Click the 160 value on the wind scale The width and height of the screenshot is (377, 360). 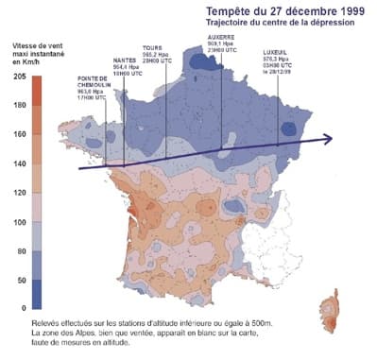tap(18, 134)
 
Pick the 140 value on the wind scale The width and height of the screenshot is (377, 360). tap(18, 163)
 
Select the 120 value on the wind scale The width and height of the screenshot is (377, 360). tap(18, 193)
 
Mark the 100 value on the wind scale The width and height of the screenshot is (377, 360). tap(18, 222)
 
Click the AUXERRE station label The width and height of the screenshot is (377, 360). tap(223, 37)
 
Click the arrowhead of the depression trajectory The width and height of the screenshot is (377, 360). tap(327, 139)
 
